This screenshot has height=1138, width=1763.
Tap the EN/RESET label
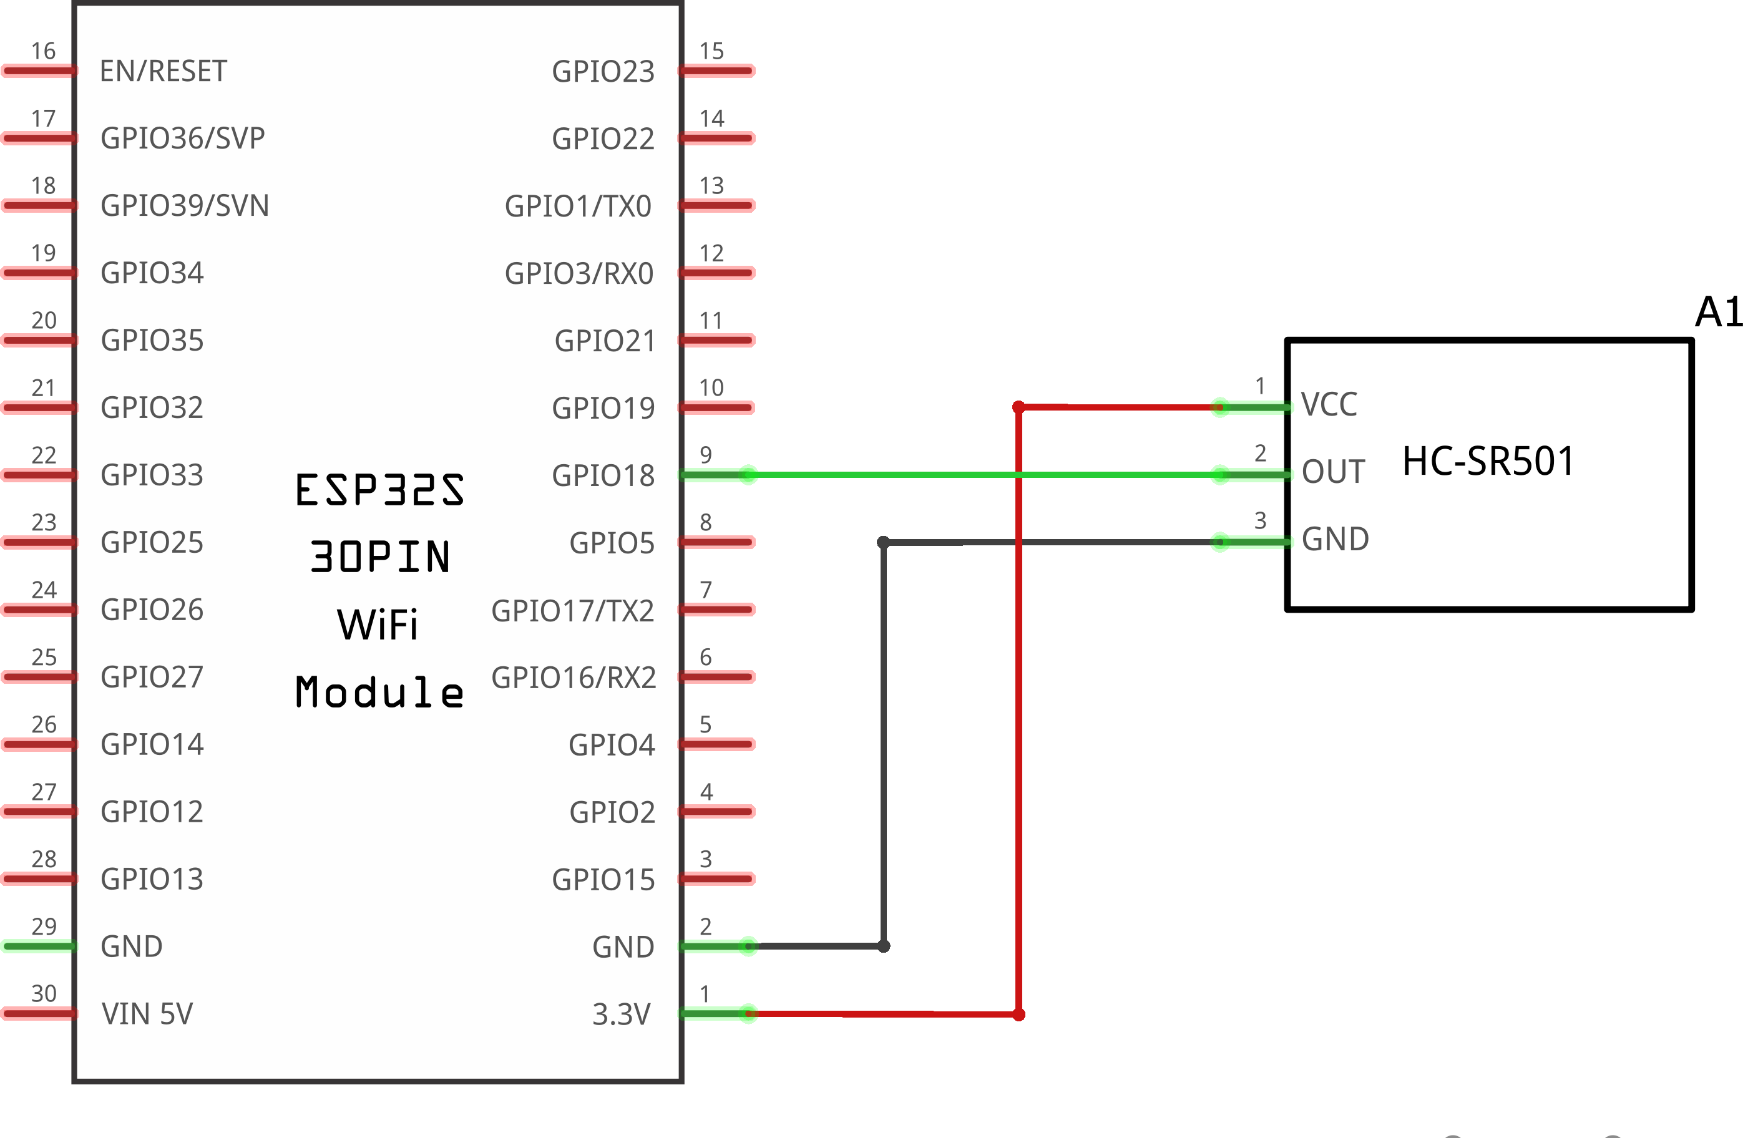coord(163,72)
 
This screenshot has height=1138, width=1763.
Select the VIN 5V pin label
coord(147,1014)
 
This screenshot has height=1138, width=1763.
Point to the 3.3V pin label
coord(621,1014)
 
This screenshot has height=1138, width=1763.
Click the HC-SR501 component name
coord(1487,461)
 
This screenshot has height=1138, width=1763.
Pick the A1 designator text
coord(1718,312)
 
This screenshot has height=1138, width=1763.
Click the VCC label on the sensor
coord(1329,405)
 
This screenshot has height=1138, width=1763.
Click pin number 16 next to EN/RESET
coord(43,51)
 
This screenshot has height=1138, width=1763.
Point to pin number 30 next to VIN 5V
coord(44,993)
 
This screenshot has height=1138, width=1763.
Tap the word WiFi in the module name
coord(377,625)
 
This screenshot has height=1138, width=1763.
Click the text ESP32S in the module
coord(379,490)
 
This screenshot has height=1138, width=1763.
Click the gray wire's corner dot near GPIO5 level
coord(882,542)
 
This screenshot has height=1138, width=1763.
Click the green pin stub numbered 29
coord(39,946)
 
